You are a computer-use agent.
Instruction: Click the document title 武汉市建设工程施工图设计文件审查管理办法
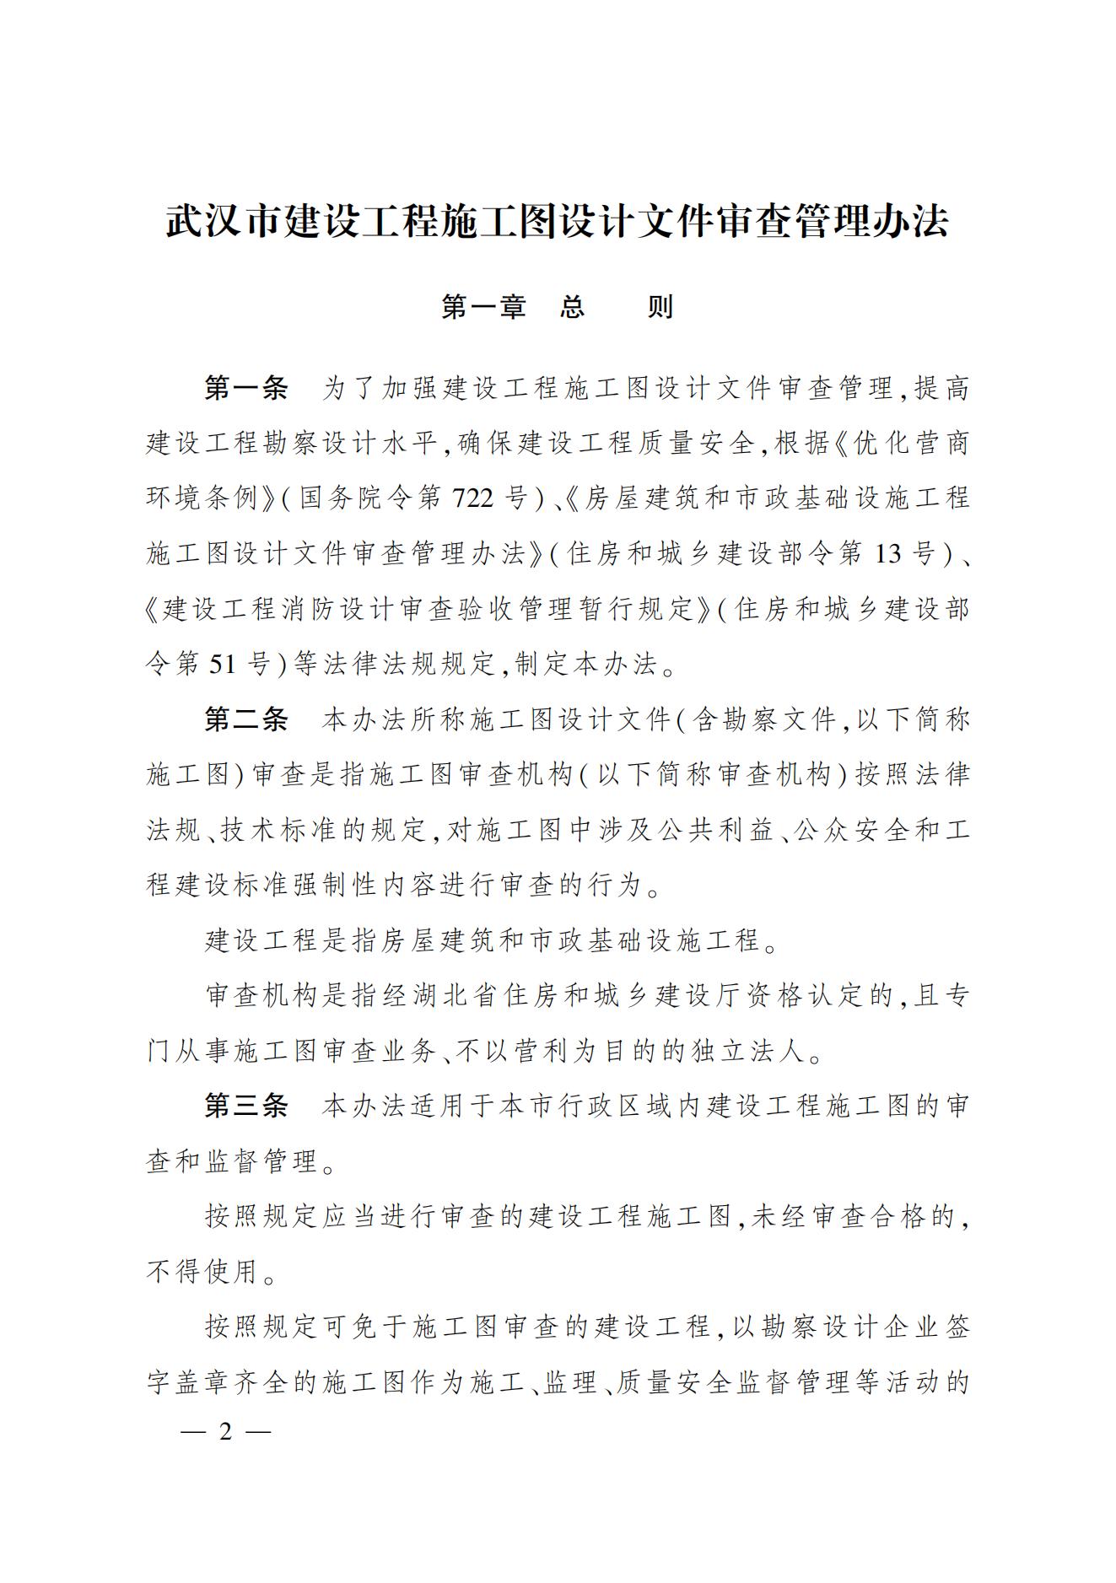(558, 222)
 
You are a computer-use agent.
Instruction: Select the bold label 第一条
(246, 388)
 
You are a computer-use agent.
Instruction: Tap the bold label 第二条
(246, 719)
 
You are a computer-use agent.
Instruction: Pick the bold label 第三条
(246, 1106)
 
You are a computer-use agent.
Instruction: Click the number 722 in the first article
(472, 498)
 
